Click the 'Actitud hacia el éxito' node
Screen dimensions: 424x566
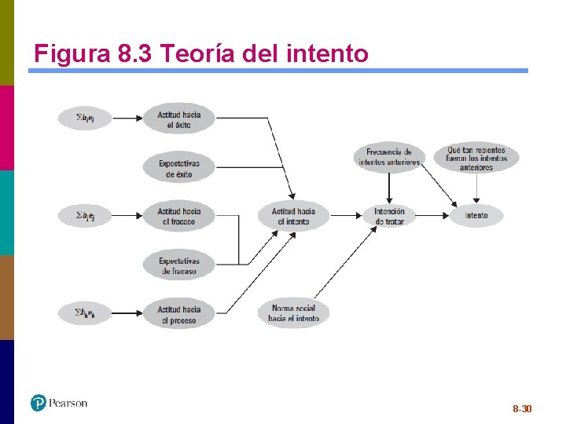point(178,119)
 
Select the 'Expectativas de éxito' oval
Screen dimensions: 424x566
point(178,168)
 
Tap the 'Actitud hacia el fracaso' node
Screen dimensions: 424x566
point(178,216)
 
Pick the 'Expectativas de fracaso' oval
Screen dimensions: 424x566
point(178,265)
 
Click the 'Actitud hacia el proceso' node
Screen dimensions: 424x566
point(178,314)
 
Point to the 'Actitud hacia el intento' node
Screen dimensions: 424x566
point(293,216)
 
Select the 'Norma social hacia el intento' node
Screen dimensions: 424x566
point(293,313)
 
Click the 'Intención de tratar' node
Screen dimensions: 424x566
point(389,216)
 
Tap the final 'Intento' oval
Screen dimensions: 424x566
point(476,215)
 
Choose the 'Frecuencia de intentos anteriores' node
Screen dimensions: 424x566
point(389,156)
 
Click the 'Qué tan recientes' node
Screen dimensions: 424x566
point(476,157)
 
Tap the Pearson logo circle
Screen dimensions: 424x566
point(39,403)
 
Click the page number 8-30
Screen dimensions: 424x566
point(522,409)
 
